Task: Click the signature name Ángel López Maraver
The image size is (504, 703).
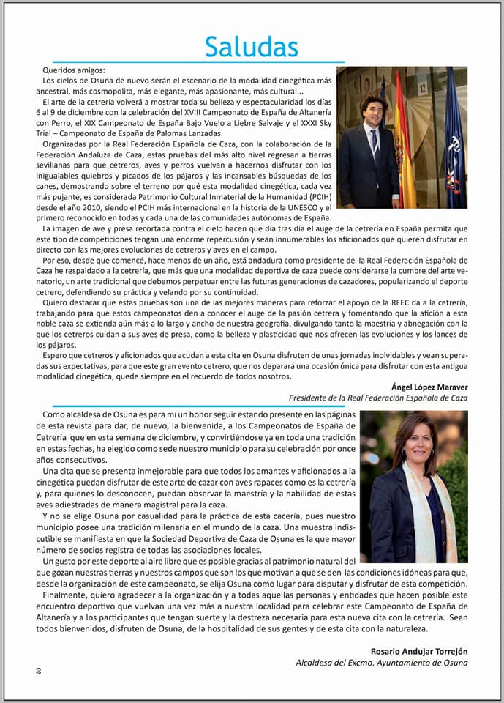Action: click(x=429, y=387)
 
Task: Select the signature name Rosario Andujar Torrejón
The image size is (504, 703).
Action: click(x=420, y=651)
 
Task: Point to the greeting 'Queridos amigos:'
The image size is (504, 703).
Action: click(x=74, y=70)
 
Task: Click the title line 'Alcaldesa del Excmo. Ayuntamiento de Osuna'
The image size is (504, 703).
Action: click(x=381, y=663)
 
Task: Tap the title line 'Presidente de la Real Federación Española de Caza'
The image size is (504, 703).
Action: click(x=377, y=398)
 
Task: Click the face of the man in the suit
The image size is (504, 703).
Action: click(x=374, y=111)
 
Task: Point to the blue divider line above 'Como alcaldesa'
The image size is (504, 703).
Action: click(x=205, y=406)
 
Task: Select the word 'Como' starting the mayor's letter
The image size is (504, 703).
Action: click(x=65, y=414)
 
